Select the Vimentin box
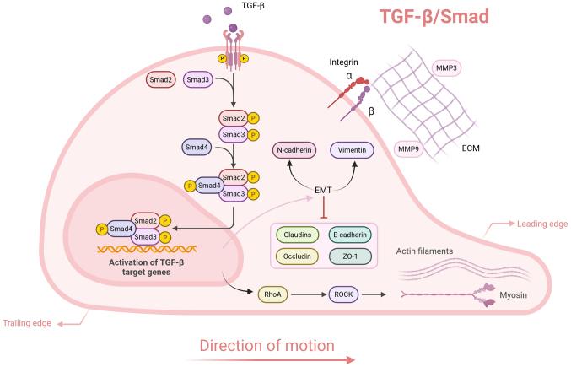pos(352,149)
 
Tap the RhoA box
pos(272,294)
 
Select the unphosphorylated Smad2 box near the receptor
pos(161,79)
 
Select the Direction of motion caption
pos(267,345)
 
